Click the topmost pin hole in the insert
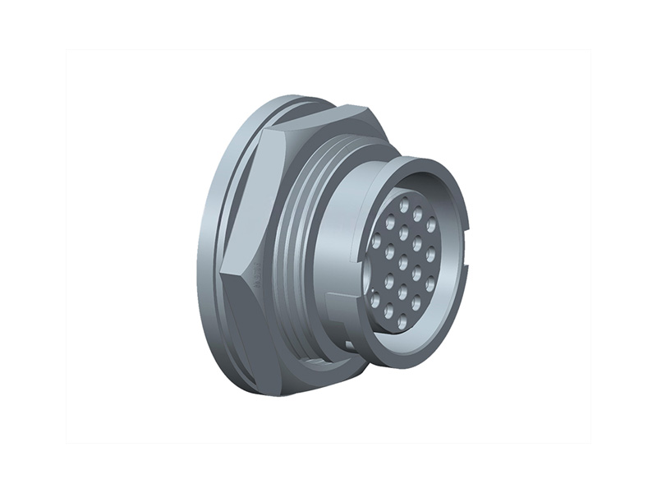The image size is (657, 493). (x=404, y=202)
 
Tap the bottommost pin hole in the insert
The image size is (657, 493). (x=402, y=322)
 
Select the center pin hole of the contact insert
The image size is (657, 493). (x=403, y=262)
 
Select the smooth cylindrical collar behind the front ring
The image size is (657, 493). (x=341, y=246)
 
